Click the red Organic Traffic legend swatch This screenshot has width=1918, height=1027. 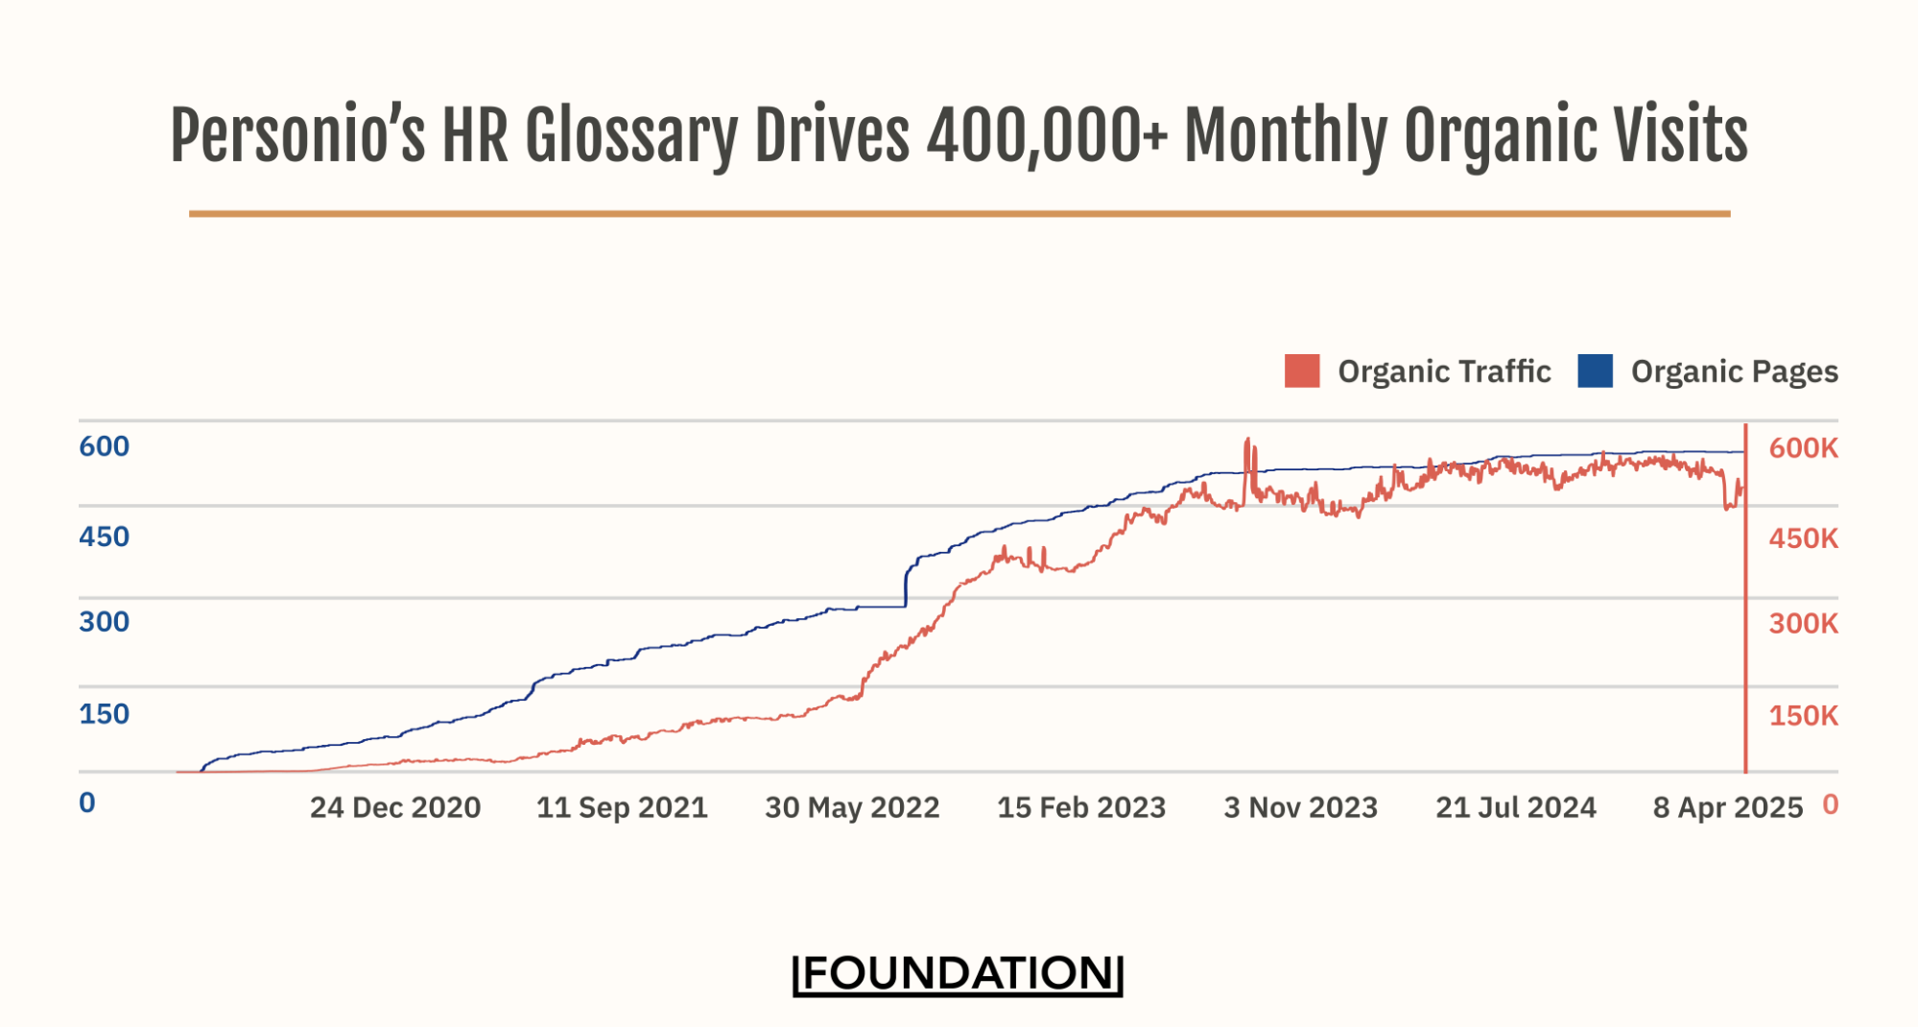pyautogui.click(x=1301, y=371)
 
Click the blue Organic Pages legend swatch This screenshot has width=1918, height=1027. pyautogui.click(x=1595, y=371)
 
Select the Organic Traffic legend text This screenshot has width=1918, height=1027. pyautogui.click(x=1444, y=371)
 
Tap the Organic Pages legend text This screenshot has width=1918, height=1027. pyautogui.click(x=1734, y=371)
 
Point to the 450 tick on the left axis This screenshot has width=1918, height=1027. pyautogui.click(x=104, y=537)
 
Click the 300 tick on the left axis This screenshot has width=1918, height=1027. pyautogui.click(x=104, y=622)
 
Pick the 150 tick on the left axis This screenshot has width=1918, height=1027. pyautogui.click(x=104, y=714)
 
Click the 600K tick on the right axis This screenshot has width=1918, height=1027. pyautogui.click(x=1803, y=448)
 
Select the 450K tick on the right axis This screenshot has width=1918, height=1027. pyautogui.click(x=1803, y=538)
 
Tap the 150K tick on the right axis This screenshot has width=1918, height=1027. pyautogui.click(x=1803, y=716)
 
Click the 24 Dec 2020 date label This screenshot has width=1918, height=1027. pyautogui.click(x=395, y=808)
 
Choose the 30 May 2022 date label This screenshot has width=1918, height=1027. pyautogui.click(x=852, y=808)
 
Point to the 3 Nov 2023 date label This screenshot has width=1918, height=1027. pyautogui.click(x=1300, y=808)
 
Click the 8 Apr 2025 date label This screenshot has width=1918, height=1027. pyautogui.click(x=1727, y=808)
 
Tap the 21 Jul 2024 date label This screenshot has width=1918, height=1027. pyautogui.click(x=1516, y=808)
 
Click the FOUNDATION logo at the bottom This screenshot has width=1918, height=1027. pyautogui.click(x=958, y=973)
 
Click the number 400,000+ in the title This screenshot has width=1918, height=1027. pyautogui.click(x=1047, y=135)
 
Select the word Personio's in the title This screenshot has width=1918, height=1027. pyautogui.click(x=297, y=135)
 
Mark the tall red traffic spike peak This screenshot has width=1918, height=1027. pyautogui.click(x=1247, y=441)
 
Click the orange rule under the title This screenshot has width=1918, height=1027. pyautogui.click(x=959, y=214)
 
